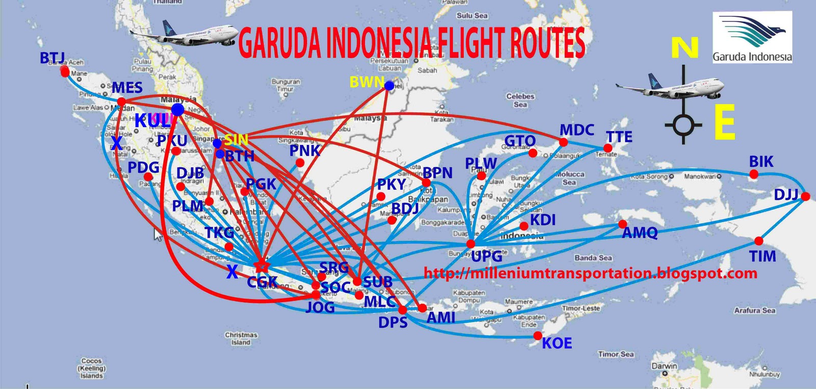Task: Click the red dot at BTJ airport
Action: pos(65,71)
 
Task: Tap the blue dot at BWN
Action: pos(389,86)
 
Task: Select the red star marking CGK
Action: pos(261,265)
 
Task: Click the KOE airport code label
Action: pos(557,344)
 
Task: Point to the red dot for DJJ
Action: pos(805,197)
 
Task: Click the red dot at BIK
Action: pos(754,175)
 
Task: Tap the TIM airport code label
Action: pos(762,256)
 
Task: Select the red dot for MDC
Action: pos(564,142)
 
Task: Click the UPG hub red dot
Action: pos(471,244)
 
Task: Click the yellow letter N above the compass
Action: pos(684,48)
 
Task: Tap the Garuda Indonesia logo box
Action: pos(752,37)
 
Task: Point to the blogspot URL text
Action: pos(591,273)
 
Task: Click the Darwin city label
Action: pos(664,366)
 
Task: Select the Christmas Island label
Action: pos(241,338)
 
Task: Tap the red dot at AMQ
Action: pos(623,224)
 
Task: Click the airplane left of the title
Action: pos(184,35)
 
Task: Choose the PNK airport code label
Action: pos(304,151)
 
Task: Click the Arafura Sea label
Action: pos(755,310)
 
